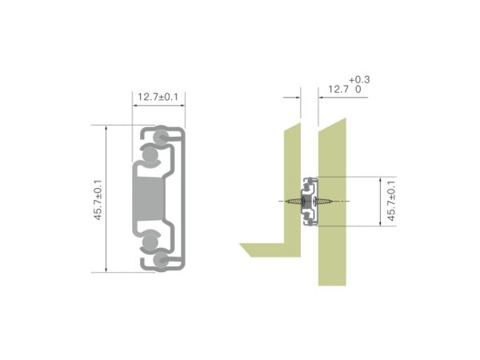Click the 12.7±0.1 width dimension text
[158, 97]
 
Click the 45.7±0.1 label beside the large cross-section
[98, 199]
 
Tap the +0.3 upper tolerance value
[359, 80]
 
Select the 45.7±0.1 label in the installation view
[391, 201]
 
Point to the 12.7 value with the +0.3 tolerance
[338, 90]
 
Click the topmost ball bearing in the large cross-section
[162, 136]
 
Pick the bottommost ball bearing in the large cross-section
[162, 260]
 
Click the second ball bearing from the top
[150, 154]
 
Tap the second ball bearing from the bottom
[150, 242]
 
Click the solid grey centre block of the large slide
[149, 198]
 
